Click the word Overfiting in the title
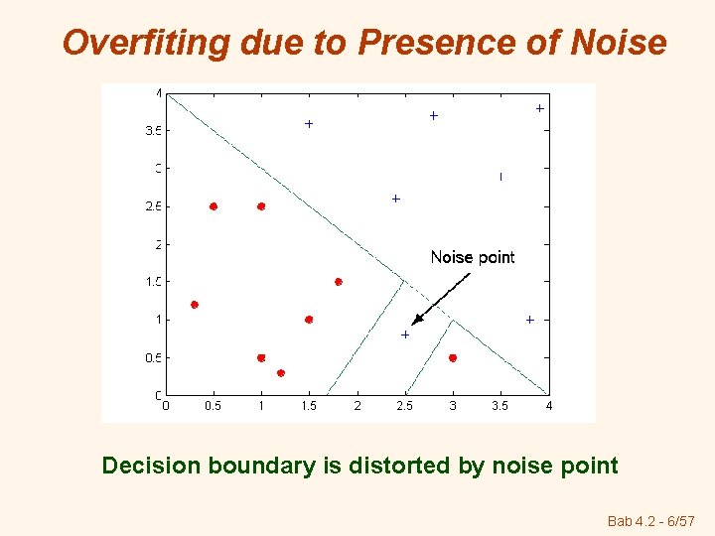[133, 43]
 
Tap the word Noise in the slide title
[620, 43]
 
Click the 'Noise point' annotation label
[473, 257]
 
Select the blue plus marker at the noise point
[405, 335]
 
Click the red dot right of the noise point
[453, 357]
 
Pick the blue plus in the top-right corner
[539, 108]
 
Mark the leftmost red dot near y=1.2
[195, 305]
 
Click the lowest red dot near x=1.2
[281, 373]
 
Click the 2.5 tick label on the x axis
[405, 405]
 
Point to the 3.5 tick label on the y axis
[153, 131]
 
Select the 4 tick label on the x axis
[548, 405]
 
